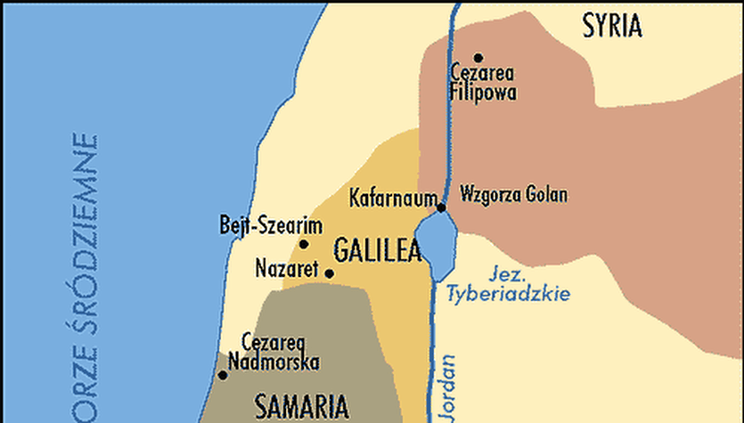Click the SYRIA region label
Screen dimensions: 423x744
612,27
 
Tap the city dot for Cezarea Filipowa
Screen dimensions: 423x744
478,58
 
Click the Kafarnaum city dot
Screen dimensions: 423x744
441,207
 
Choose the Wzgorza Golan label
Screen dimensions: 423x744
513,195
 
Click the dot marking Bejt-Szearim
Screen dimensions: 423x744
304,244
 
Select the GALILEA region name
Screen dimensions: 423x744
377,249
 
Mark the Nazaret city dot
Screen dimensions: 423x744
329,273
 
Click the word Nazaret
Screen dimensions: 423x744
287,267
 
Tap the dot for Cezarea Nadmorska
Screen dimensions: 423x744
222,375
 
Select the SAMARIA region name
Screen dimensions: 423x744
300,407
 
